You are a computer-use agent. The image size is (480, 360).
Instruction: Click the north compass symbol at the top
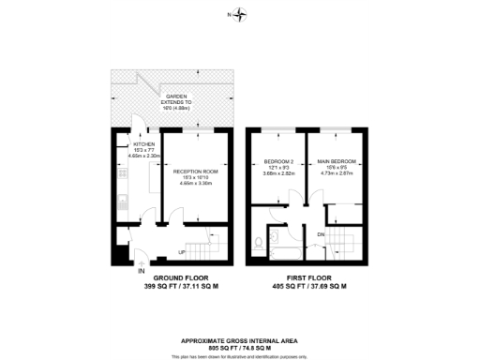click(240, 14)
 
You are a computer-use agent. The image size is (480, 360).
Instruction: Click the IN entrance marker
click(142, 271)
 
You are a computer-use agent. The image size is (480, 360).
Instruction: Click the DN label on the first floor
click(322, 233)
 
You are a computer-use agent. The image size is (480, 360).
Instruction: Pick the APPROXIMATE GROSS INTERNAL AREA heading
click(240, 340)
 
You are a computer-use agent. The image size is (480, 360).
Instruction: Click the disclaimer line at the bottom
click(240, 356)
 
